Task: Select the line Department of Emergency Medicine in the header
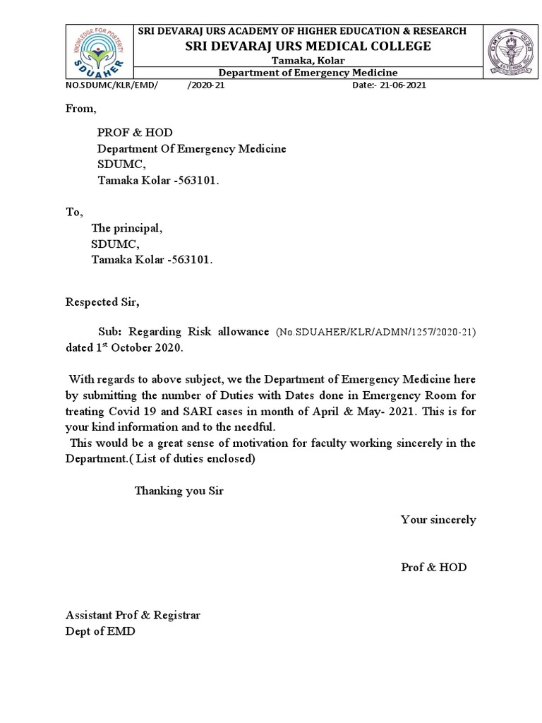[308, 73]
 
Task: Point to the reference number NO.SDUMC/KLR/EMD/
[112, 85]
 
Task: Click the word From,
[80, 109]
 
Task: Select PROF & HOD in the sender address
[134, 133]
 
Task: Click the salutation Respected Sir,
[103, 302]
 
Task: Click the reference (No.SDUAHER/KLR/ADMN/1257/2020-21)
[375, 333]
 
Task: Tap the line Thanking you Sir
[179, 491]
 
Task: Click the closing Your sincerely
[438, 520]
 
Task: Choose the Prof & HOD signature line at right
[433, 567]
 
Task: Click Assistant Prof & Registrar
[133, 615]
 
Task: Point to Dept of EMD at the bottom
[100, 631]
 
